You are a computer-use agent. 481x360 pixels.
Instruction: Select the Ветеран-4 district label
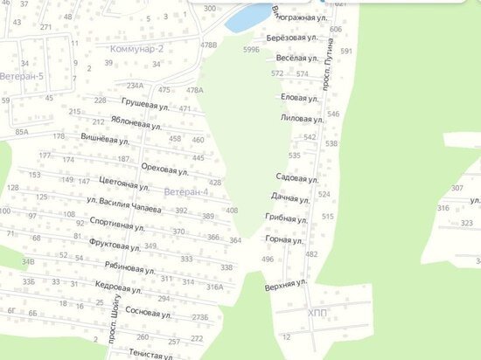(x=185, y=191)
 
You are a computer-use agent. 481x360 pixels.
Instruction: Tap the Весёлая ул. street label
(x=289, y=58)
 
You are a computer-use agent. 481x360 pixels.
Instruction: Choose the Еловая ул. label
(x=290, y=98)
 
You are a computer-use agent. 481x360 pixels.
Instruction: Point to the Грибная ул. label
(x=284, y=216)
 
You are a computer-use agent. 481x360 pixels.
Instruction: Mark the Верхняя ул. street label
(x=285, y=283)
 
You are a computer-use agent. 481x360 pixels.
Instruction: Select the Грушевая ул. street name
(x=144, y=104)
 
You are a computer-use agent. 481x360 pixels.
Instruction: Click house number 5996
(x=252, y=51)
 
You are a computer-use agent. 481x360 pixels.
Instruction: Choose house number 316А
(x=214, y=286)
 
